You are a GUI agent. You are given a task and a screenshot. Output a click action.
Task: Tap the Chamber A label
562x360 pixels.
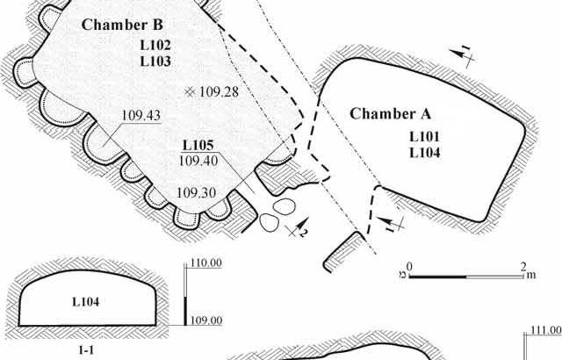[387, 113]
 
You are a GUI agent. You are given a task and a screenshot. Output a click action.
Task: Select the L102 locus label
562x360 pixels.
[155, 45]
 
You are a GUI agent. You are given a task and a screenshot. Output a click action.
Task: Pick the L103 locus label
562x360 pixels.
[155, 61]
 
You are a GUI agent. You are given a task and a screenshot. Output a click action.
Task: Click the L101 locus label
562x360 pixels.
[425, 136]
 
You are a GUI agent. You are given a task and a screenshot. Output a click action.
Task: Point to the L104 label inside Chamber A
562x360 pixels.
[425, 152]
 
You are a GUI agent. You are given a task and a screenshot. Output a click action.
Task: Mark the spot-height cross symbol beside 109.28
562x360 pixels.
[190, 90]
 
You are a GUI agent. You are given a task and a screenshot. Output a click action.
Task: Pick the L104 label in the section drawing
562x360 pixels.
[86, 301]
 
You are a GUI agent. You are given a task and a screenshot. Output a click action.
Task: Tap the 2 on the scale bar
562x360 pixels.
[523, 265]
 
